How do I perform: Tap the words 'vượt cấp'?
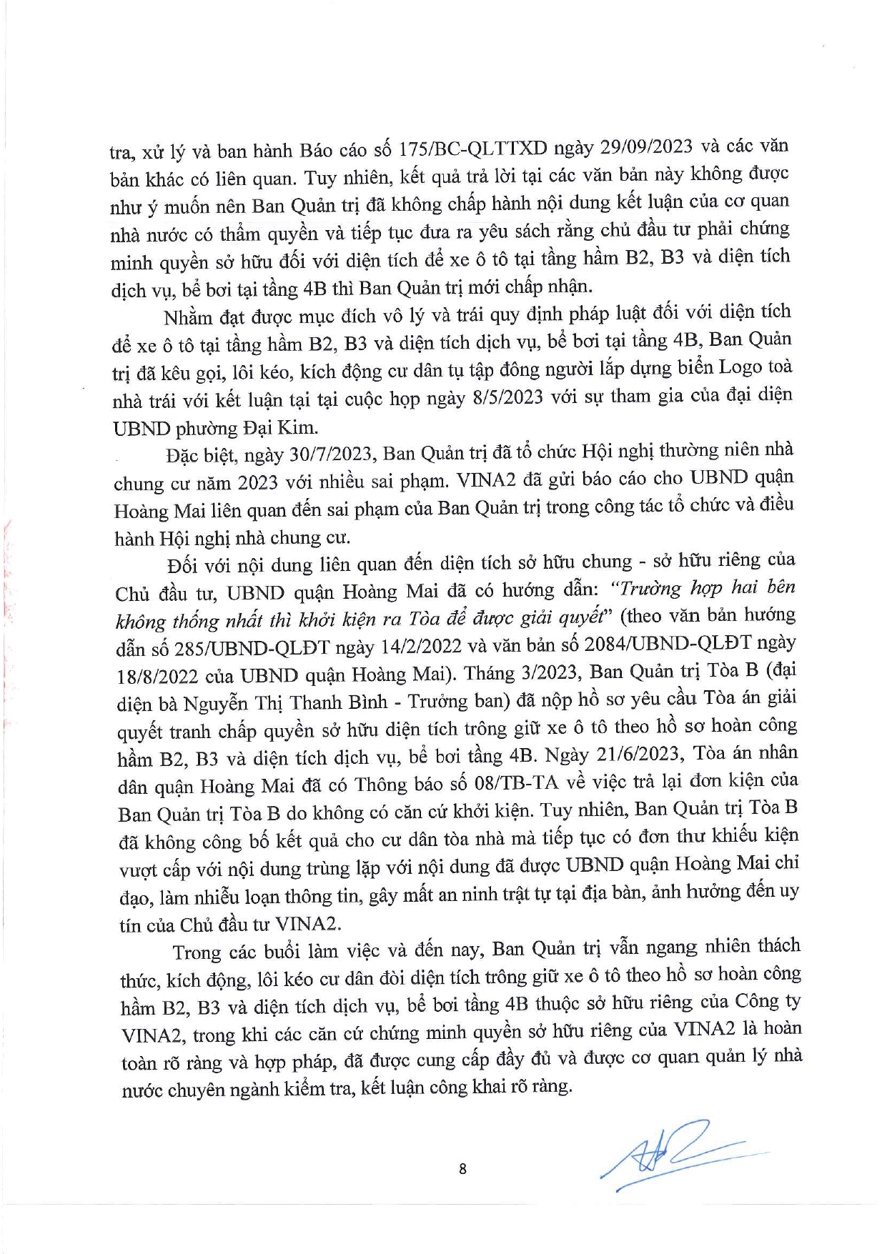156,868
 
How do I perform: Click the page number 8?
462,1169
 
